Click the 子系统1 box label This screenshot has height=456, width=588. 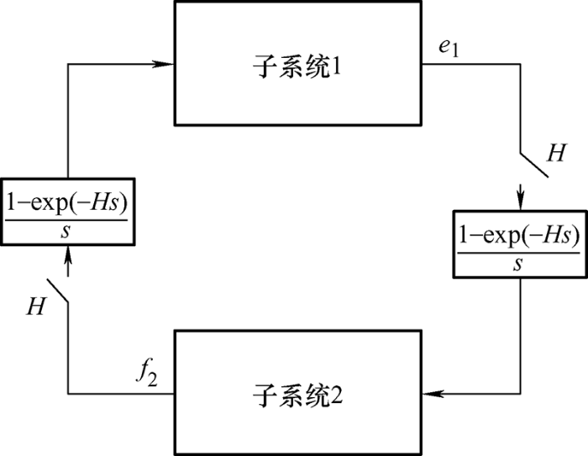(x=297, y=66)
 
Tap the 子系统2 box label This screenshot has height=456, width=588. (x=297, y=396)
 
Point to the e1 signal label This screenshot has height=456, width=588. (x=449, y=48)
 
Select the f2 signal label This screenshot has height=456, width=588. (x=147, y=375)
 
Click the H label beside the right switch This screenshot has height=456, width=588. (x=556, y=153)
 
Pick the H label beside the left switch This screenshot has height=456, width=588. (x=36, y=306)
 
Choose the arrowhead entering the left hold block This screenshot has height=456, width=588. (x=68, y=256)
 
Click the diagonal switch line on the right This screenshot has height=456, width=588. (x=534, y=165)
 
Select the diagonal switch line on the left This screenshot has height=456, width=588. (x=57, y=291)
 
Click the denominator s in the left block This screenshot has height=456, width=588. (x=66, y=232)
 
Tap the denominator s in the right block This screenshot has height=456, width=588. (x=518, y=265)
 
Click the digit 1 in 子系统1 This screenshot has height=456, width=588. (x=336, y=66)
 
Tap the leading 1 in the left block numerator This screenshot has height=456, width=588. (x=12, y=202)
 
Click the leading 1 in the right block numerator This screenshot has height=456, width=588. (x=464, y=235)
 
